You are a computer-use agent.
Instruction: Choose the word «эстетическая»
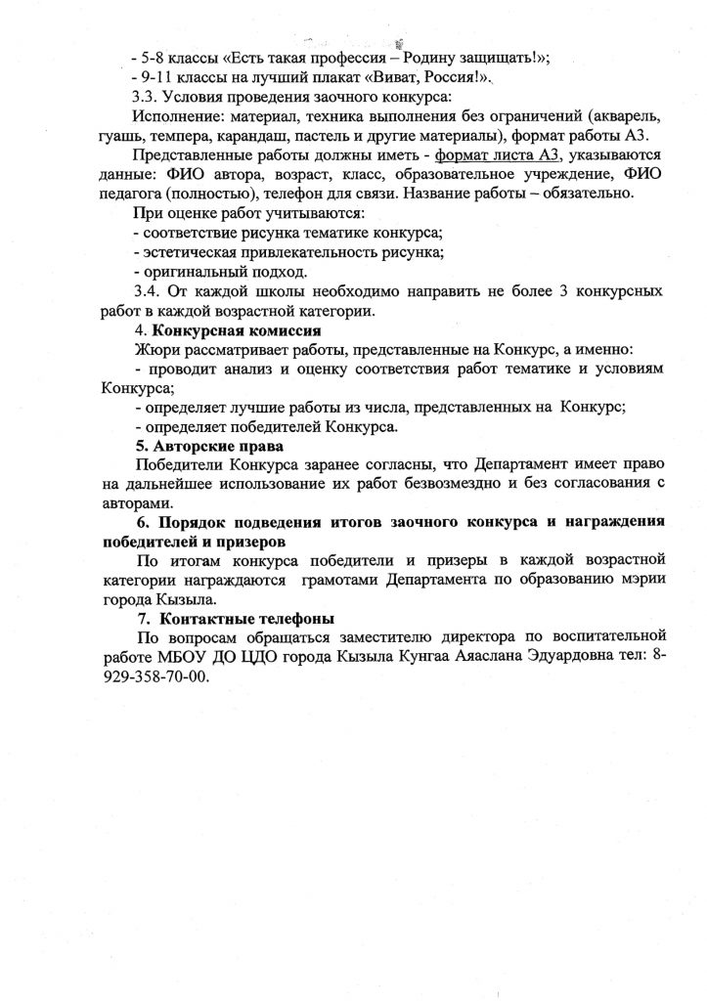192,251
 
